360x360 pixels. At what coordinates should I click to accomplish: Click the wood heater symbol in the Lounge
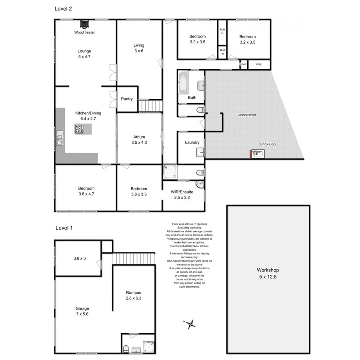coord(84,24)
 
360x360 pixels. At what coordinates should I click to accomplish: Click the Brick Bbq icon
coord(256,153)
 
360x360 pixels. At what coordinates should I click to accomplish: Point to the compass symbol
coord(191,323)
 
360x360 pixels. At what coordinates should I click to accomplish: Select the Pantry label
coord(126,99)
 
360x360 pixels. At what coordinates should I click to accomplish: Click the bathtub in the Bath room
coord(183,82)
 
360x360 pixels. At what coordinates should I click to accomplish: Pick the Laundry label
coord(192,142)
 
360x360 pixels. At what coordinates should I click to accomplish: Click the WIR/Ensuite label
coord(182,192)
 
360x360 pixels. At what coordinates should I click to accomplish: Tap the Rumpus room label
coord(134,293)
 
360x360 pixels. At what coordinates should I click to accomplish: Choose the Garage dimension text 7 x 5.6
coord(82,314)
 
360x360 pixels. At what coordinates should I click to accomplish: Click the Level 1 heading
coord(64,228)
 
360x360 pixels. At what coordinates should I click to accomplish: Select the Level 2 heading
coord(63,8)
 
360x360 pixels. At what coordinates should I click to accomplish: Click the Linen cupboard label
coord(243,64)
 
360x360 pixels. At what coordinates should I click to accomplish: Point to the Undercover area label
coord(247,115)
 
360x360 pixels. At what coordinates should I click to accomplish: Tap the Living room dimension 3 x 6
coord(139,51)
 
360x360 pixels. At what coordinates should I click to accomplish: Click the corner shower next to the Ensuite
coord(169,172)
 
